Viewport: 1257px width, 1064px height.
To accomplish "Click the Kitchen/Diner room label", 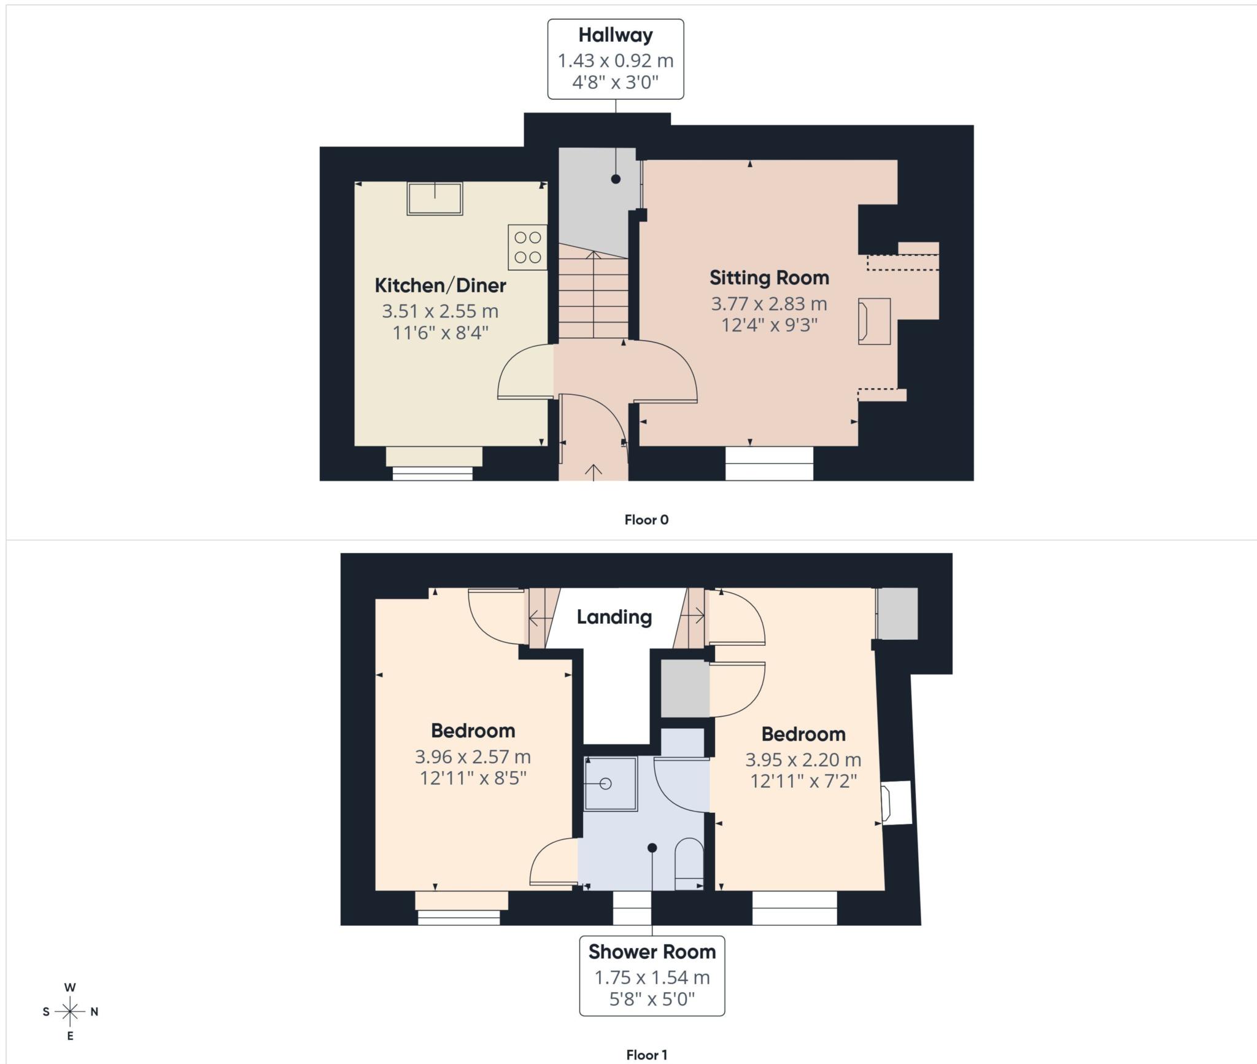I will point(440,285).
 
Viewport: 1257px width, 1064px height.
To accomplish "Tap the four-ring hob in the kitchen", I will point(527,247).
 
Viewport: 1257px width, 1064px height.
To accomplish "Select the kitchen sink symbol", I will point(435,198).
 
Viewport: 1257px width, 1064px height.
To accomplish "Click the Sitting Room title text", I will point(769,278).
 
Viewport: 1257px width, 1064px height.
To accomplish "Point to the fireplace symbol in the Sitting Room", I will point(874,321).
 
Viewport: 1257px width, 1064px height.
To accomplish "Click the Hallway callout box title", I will point(615,35).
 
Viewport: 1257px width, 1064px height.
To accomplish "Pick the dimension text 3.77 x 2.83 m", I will point(769,303).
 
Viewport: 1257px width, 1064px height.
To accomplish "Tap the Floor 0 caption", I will point(646,520).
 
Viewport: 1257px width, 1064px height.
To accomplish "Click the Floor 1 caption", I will point(646,1055).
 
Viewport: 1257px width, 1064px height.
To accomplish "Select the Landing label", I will point(614,617).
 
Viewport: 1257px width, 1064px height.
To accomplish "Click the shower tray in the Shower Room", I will point(610,783).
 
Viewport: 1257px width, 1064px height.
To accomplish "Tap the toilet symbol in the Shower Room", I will point(689,864).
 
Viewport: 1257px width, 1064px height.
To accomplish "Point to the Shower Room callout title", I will point(652,952).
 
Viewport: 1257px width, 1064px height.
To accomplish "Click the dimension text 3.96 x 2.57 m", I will point(473,756).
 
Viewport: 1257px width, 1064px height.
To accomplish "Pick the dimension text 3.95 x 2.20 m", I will point(803,760).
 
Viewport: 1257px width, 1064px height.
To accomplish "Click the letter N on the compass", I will point(94,1012).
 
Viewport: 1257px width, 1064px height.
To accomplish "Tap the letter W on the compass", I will point(70,988).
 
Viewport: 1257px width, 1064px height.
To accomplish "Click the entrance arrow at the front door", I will point(593,472).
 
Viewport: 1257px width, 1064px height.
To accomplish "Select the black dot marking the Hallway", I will point(616,179).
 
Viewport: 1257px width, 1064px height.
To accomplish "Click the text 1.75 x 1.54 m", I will point(652,977).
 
